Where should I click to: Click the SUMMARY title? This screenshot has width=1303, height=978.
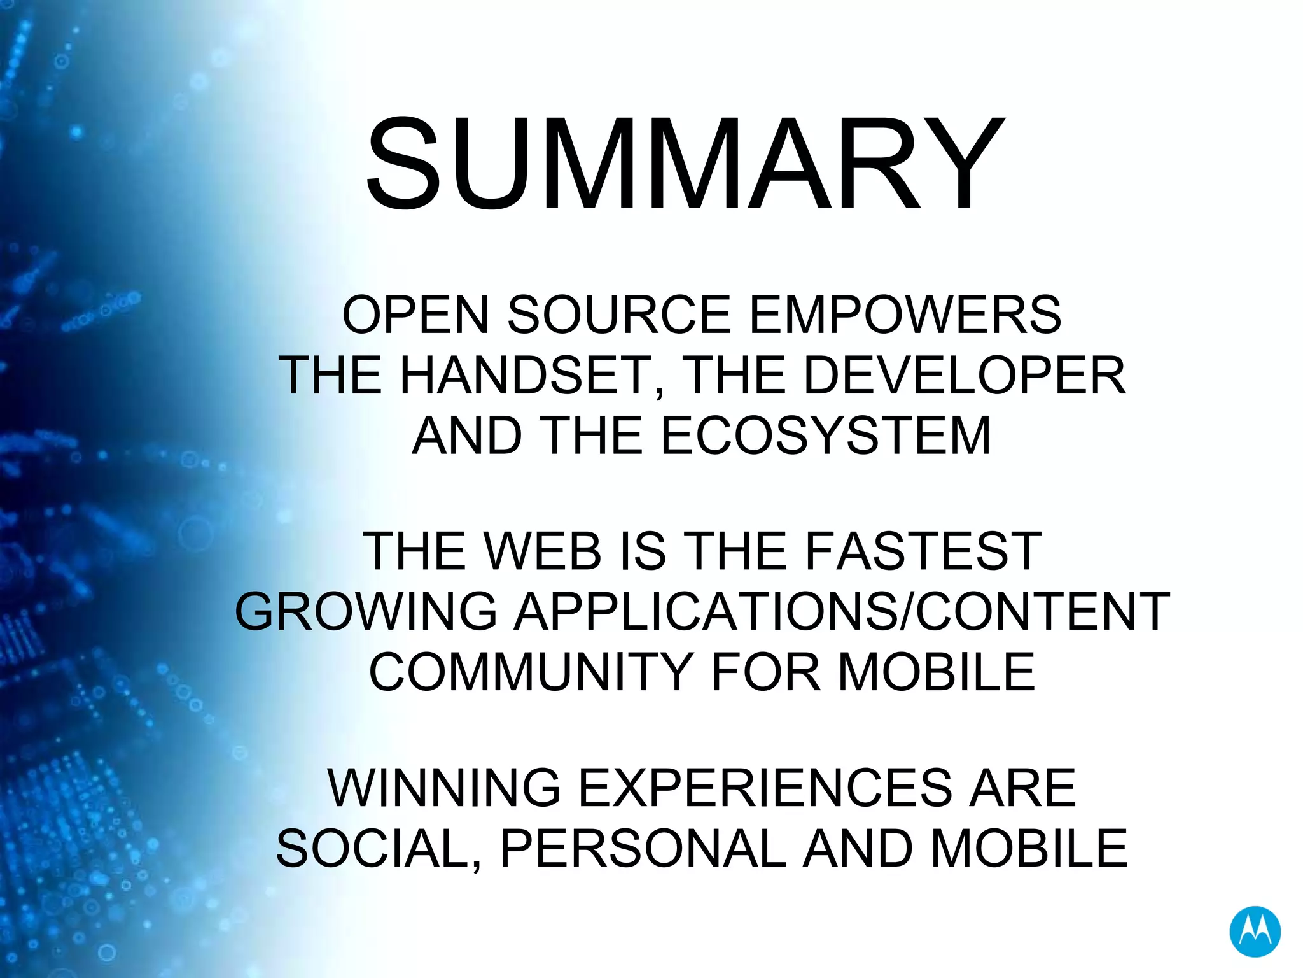(685, 164)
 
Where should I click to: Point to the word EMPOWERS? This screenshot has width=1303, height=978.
(905, 315)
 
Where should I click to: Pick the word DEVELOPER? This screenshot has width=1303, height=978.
(965, 376)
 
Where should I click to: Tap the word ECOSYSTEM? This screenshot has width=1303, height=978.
(826, 436)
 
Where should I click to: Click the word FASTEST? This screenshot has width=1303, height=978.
(923, 551)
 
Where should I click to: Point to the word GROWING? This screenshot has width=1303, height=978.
(366, 612)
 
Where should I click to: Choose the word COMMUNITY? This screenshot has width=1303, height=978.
(531, 672)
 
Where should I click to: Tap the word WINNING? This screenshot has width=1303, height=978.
(443, 788)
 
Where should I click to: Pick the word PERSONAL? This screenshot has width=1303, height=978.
(643, 849)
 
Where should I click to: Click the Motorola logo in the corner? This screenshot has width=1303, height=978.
(1255, 932)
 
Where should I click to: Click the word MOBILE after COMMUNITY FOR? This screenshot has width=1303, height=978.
(937, 672)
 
